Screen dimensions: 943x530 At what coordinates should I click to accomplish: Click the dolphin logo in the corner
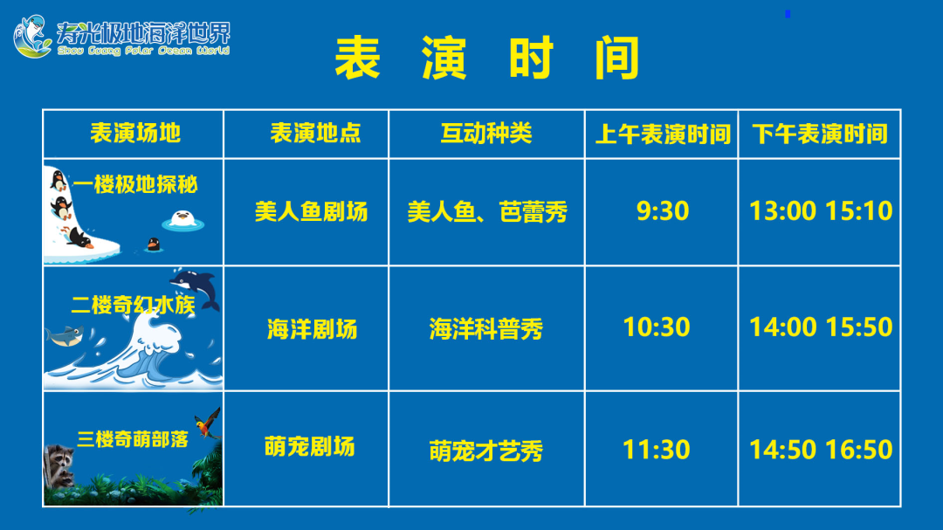pyautogui.click(x=32, y=37)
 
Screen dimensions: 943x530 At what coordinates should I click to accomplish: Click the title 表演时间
pyautogui.click(x=487, y=58)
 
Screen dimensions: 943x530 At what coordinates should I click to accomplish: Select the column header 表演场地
pyautogui.click(x=135, y=133)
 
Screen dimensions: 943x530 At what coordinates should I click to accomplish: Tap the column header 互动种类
pyautogui.click(x=486, y=133)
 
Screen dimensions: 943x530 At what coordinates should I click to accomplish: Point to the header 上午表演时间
pyautogui.click(x=663, y=134)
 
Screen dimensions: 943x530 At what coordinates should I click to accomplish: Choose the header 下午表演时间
pyautogui.click(x=820, y=134)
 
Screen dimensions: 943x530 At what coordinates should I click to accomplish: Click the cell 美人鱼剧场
pyautogui.click(x=311, y=212)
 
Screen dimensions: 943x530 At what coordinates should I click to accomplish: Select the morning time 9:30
pyautogui.click(x=663, y=210)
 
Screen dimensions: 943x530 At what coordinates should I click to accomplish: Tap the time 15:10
pyautogui.click(x=858, y=210)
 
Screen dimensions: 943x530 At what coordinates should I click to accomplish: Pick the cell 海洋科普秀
pyautogui.click(x=486, y=329)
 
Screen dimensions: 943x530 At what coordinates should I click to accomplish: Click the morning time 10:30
pyautogui.click(x=656, y=327)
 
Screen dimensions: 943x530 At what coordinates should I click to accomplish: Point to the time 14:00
pyautogui.click(x=782, y=327)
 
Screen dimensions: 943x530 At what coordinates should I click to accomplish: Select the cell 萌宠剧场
pyautogui.click(x=310, y=447)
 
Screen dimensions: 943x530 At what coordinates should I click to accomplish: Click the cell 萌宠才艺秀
pyautogui.click(x=486, y=451)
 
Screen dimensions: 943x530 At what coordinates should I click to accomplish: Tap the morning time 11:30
pyautogui.click(x=656, y=450)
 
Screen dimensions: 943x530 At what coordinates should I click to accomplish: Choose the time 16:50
pyautogui.click(x=858, y=450)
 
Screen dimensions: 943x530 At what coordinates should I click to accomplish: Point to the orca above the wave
pyautogui.click(x=196, y=286)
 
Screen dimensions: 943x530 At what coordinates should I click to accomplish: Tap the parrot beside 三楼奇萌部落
pyautogui.click(x=208, y=423)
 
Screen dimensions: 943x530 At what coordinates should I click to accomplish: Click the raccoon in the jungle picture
pyautogui.click(x=59, y=464)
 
